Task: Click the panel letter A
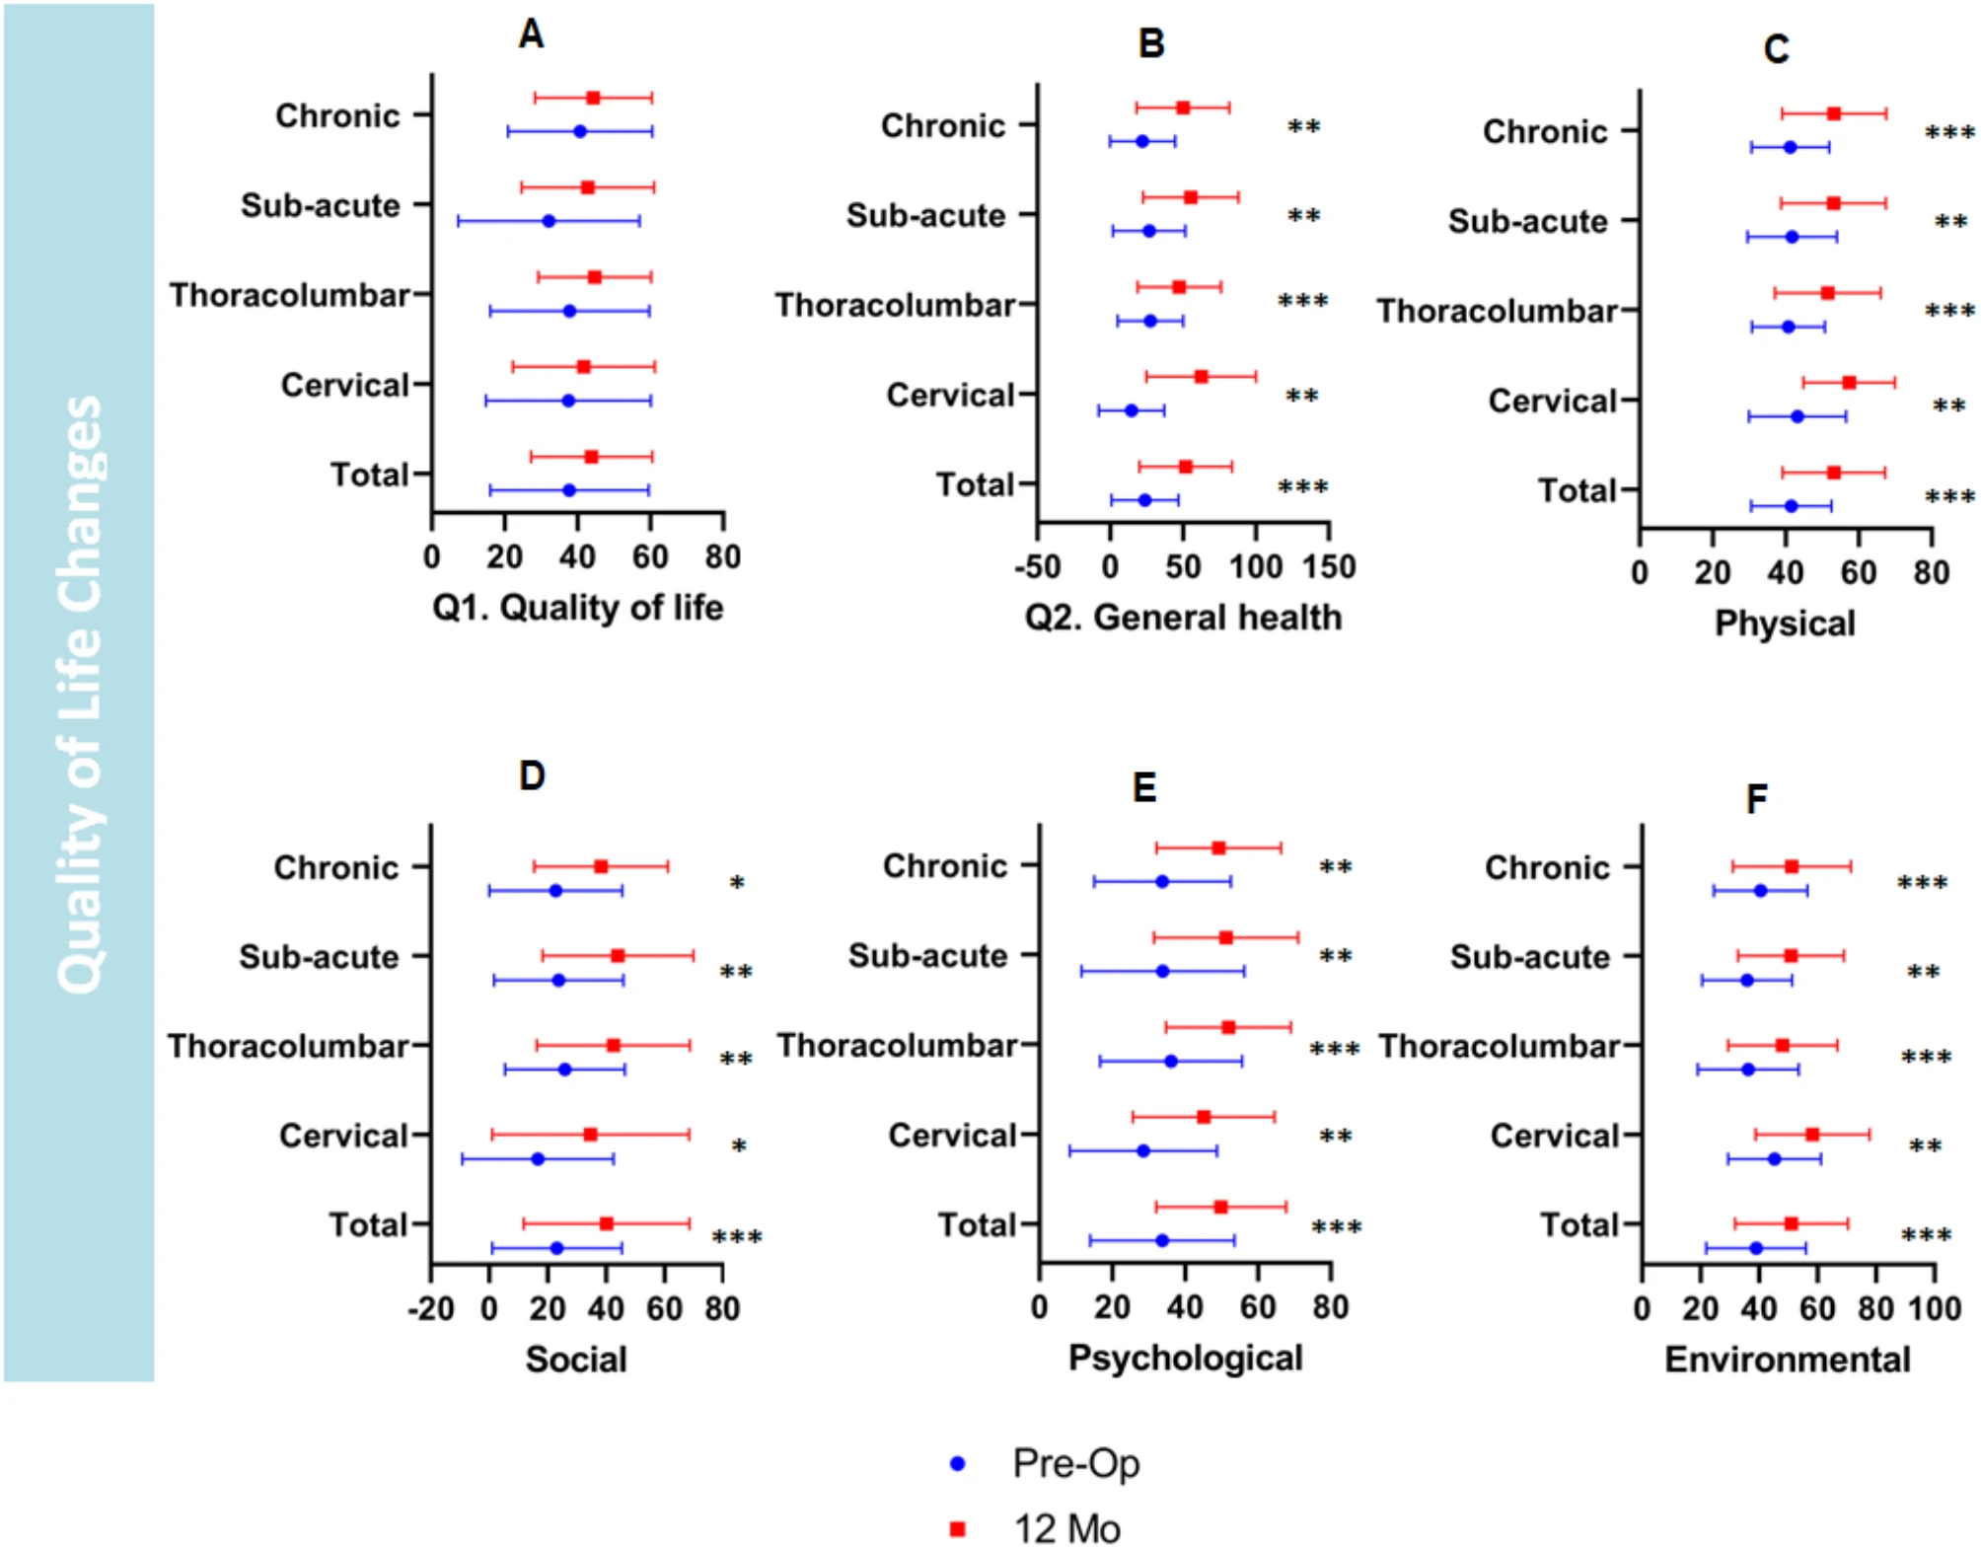click(531, 35)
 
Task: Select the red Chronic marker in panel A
click(593, 98)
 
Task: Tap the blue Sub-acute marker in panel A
click(549, 221)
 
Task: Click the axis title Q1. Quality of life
click(577, 608)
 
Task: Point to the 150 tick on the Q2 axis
click(1329, 567)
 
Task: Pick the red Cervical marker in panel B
click(1201, 377)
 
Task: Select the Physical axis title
click(1785, 624)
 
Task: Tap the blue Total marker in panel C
click(1792, 506)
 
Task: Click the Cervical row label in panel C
click(1552, 401)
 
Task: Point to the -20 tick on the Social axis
click(431, 1309)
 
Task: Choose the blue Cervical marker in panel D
click(538, 1158)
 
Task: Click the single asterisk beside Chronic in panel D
click(737, 883)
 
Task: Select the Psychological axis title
click(1185, 1359)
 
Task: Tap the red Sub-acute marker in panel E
click(1225, 937)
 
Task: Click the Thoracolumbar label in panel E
click(897, 1045)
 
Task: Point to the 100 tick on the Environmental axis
click(1935, 1309)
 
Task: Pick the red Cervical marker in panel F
click(1812, 1135)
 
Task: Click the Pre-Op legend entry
click(1075, 1463)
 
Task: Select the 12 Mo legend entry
click(1066, 1529)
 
